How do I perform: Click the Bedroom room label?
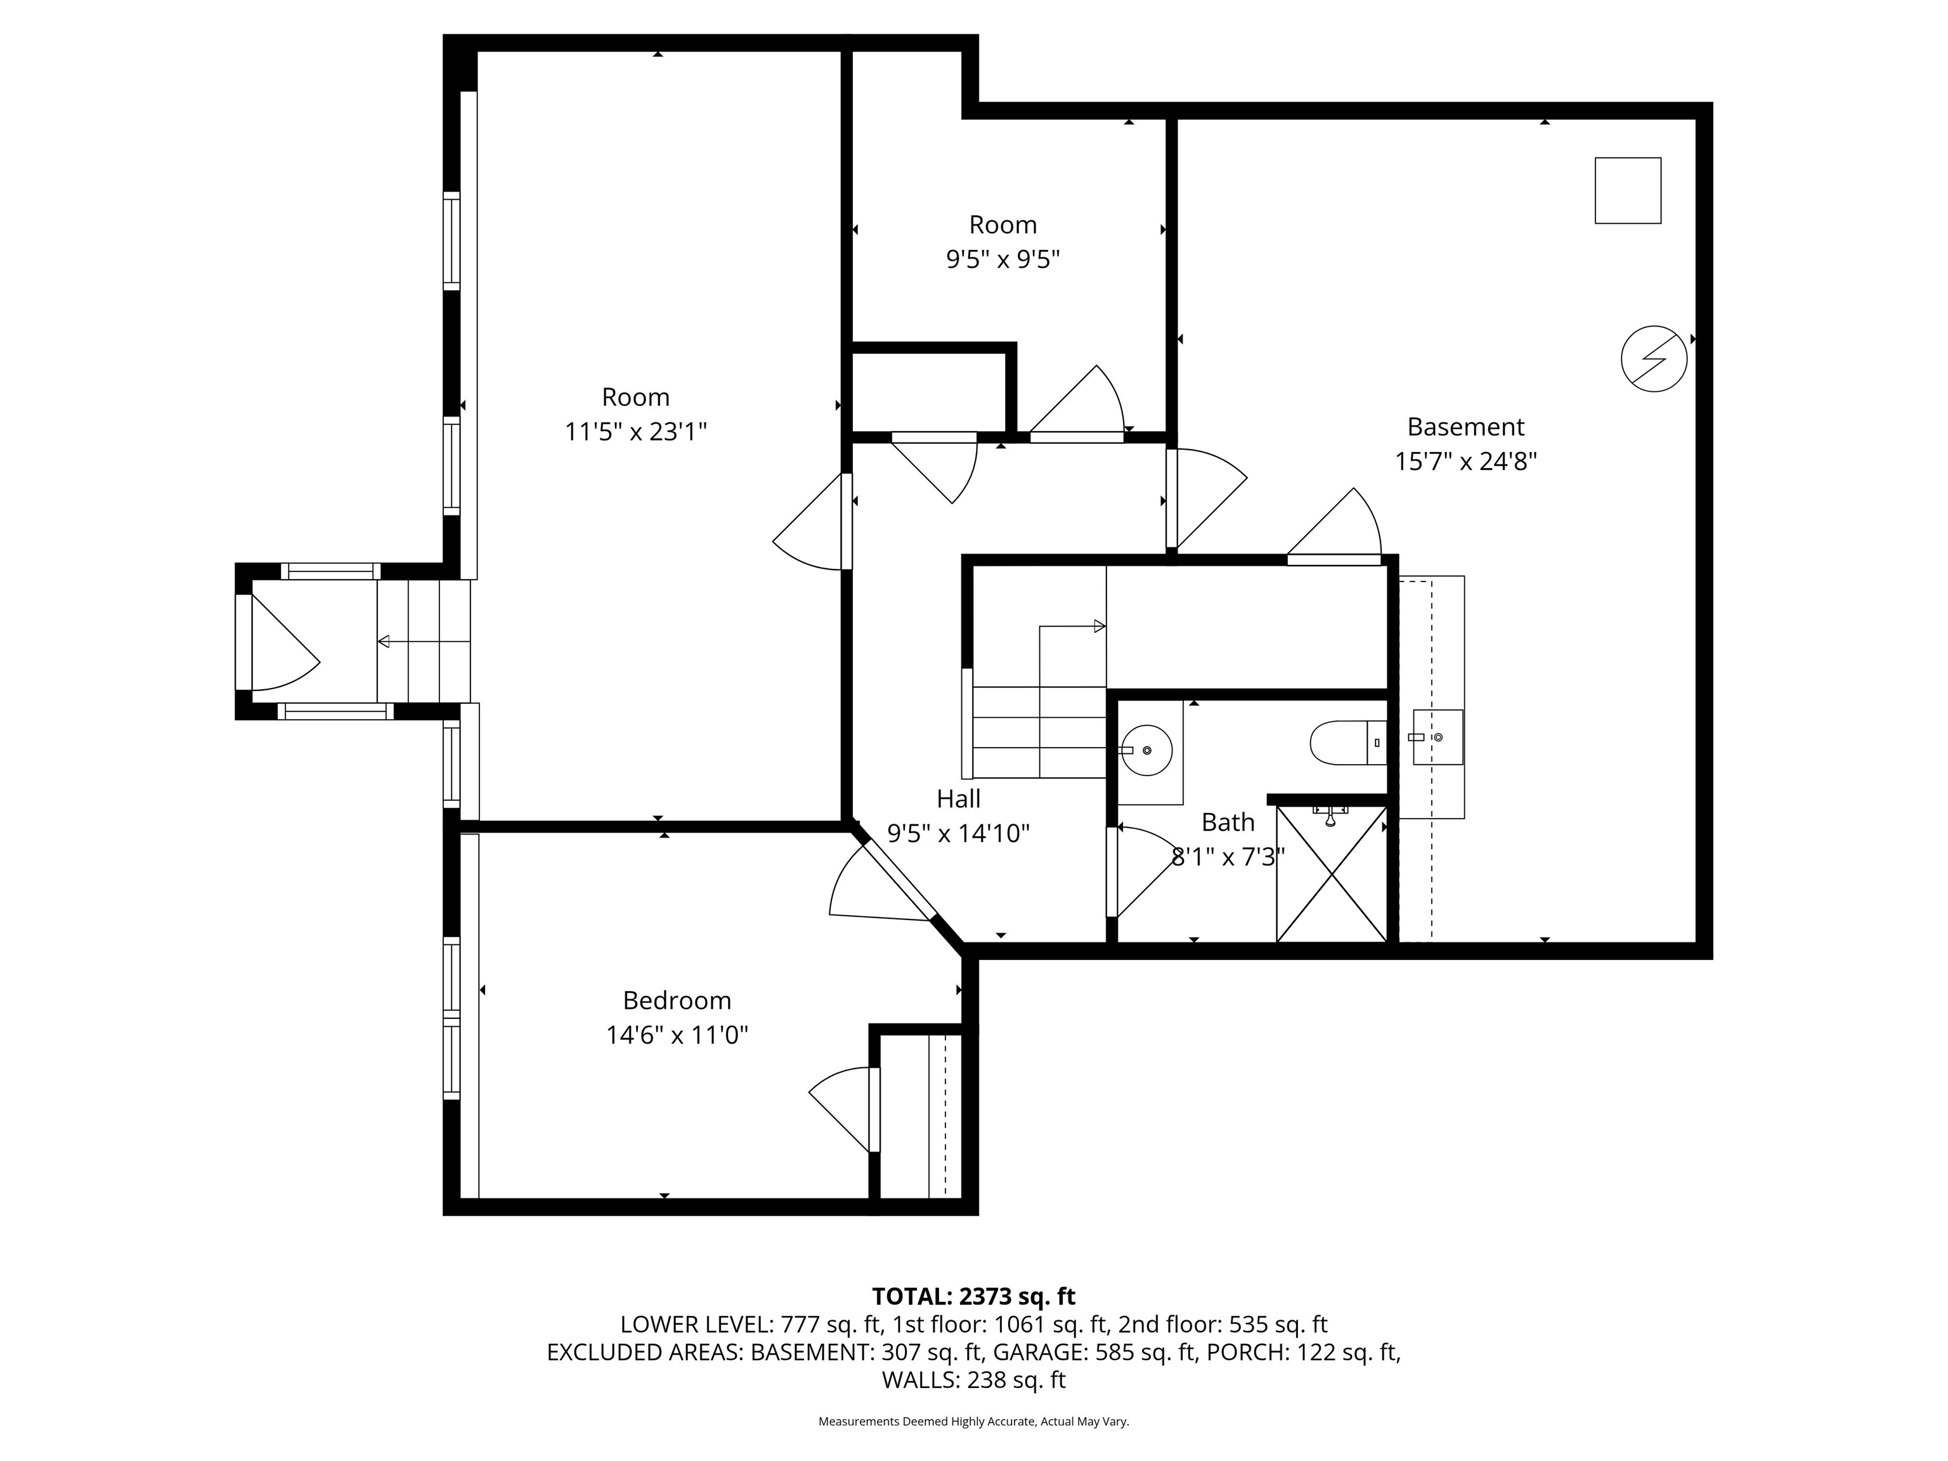point(677,1001)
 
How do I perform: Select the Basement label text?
point(1465,427)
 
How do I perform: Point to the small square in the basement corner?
point(1627,190)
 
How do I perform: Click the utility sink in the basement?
point(1438,736)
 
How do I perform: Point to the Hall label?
point(958,799)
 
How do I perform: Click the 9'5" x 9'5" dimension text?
point(1002,260)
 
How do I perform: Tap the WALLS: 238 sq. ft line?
point(973,1380)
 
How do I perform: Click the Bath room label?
point(1228,822)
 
